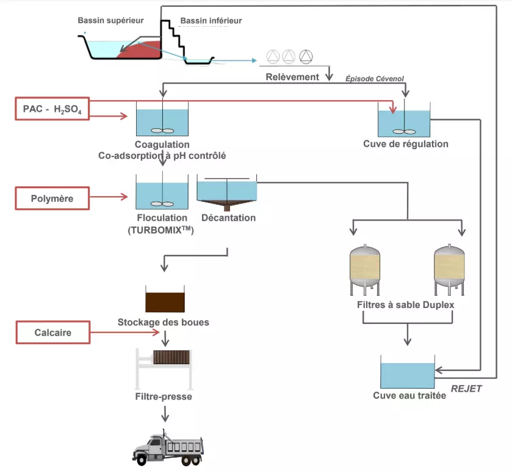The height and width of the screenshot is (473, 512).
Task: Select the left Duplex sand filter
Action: tap(366, 268)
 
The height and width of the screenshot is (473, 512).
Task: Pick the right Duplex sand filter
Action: tap(450, 268)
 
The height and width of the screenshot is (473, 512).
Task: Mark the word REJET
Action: tap(467, 389)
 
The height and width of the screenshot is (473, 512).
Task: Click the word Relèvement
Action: tap(292, 77)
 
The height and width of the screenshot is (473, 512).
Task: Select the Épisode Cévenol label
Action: tap(375, 78)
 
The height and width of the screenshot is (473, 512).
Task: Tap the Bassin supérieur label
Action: tap(110, 20)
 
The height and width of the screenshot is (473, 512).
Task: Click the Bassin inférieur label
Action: tap(211, 21)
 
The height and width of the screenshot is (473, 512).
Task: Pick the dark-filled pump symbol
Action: tap(305, 57)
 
